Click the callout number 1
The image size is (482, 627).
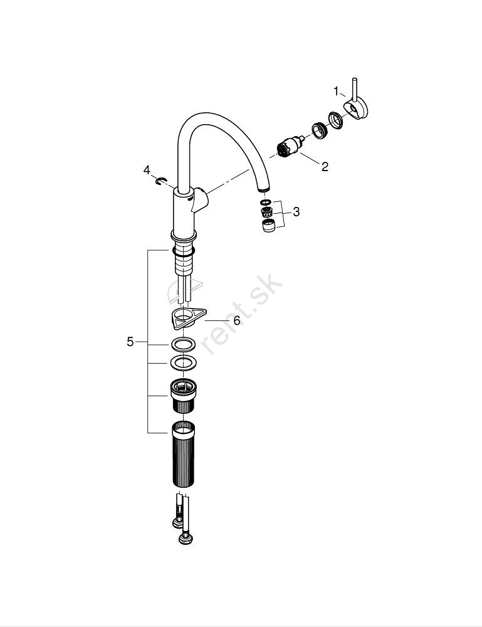coord(336,91)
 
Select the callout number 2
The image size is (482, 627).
coord(325,166)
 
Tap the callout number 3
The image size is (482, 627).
coord(296,211)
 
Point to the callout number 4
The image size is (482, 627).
coord(147,170)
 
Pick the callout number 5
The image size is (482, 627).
coord(130,342)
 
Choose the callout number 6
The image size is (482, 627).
coord(237,320)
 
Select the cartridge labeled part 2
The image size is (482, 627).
coord(290,146)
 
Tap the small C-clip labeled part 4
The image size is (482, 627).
coord(160,181)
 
